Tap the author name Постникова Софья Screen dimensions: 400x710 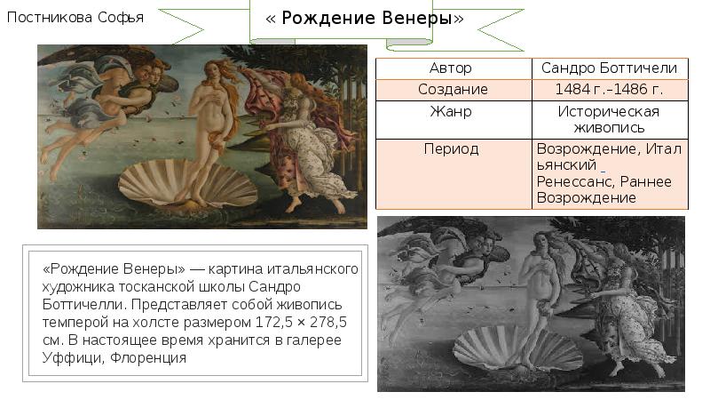point(75,18)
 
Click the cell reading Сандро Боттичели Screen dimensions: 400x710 point(609,68)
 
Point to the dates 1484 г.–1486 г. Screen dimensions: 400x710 point(609,90)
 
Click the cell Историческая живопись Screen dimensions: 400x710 point(609,120)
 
